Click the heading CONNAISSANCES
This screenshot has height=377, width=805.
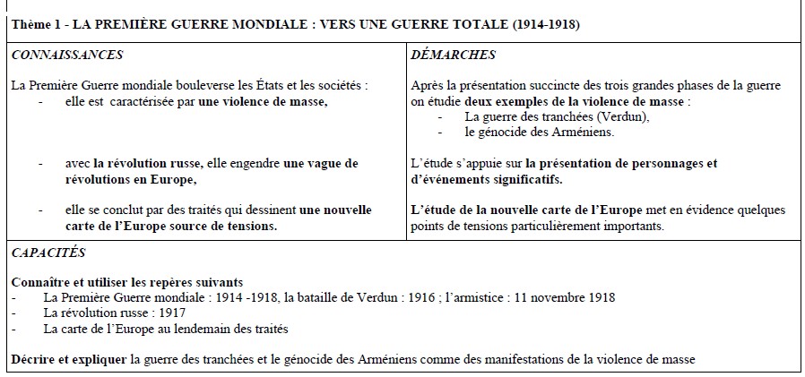pos(66,55)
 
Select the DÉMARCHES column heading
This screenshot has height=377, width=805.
pos(452,55)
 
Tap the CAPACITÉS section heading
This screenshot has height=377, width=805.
pos(48,253)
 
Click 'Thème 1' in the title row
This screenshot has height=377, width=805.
pos(33,23)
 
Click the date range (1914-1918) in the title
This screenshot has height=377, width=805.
pos(547,23)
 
